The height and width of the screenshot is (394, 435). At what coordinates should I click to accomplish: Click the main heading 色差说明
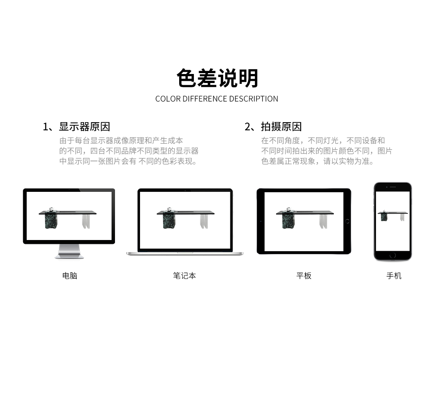click(x=217, y=78)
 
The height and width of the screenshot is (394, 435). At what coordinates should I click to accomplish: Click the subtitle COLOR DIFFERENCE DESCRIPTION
click(x=217, y=99)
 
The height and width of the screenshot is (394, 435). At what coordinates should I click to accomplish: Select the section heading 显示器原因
click(x=84, y=126)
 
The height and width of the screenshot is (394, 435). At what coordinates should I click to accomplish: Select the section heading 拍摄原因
click(x=281, y=126)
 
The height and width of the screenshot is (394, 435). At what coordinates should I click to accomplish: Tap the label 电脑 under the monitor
click(x=70, y=276)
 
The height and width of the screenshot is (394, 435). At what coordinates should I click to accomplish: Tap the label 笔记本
click(x=184, y=276)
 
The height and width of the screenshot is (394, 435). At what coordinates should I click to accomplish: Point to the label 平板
click(x=304, y=276)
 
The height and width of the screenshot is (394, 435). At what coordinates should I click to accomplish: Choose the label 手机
click(x=394, y=276)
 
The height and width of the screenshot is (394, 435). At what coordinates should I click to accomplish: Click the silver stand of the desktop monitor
click(x=69, y=252)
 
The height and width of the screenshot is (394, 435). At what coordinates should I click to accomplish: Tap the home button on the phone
click(x=392, y=255)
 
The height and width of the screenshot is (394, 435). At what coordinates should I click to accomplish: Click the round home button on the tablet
click(x=347, y=221)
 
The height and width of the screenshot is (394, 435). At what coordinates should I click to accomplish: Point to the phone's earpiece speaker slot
click(x=393, y=187)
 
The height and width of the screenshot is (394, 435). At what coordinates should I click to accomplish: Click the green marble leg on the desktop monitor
click(x=51, y=221)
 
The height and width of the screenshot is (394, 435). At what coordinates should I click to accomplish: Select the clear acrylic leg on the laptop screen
click(x=204, y=222)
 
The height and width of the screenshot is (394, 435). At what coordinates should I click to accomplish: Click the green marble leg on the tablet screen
click(x=289, y=221)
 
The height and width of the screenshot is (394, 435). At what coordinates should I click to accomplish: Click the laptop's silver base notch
click(x=185, y=252)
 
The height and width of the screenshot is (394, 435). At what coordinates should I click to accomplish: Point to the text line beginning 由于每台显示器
click(x=121, y=141)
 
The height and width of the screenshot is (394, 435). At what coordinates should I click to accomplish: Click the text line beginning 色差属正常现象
click(x=318, y=161)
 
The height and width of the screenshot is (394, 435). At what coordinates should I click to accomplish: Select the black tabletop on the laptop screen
click(x=186, y=212)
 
